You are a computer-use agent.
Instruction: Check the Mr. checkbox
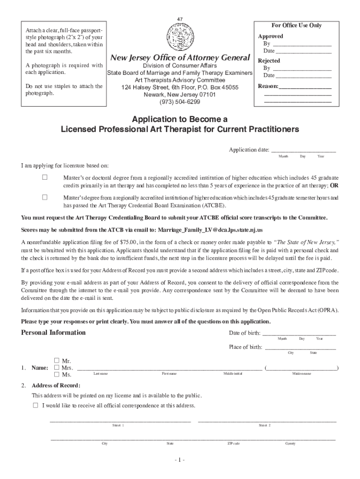point(57,360)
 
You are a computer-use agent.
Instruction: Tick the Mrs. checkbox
point(57,367)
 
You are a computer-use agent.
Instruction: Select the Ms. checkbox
point(57,374)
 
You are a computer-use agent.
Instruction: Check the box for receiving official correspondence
point(36,405)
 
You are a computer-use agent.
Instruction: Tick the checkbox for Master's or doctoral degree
point(45,178)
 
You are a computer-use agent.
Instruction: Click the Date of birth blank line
point(299,333)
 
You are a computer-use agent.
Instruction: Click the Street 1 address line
point(120,420)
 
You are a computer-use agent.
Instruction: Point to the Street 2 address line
point(267,420)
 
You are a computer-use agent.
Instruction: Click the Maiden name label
point(302,374)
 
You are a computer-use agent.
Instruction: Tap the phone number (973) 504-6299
point(180,102)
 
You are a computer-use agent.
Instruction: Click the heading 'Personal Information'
point(53,333)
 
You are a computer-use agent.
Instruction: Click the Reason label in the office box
point(267,87)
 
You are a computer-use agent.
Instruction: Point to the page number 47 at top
point(180,19)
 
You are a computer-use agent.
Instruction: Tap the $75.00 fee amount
point(128,243)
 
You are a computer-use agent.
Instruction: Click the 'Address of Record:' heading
point(56,385)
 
